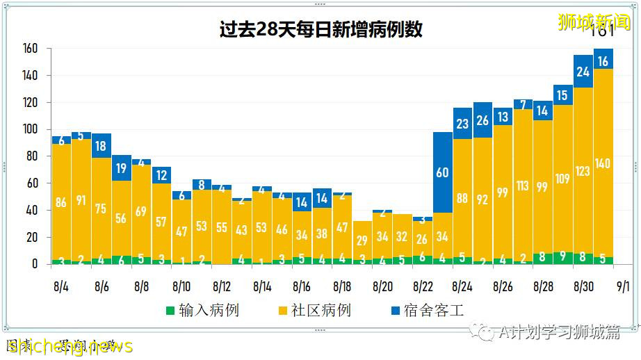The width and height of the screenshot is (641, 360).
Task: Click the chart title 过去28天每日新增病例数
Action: point(320,30)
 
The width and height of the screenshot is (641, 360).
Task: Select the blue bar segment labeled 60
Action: point(442,172)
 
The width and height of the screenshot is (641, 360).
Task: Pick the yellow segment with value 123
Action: point(583,170)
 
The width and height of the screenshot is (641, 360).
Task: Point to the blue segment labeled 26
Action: point(482,120)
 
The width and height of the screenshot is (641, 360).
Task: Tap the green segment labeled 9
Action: point(562,258)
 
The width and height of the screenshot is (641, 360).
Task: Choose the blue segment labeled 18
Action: point(102,146)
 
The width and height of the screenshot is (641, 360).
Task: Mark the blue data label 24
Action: point(583,72)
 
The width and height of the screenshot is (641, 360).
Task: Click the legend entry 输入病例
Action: point(202,309)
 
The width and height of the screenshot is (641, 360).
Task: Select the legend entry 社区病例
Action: point(314,309)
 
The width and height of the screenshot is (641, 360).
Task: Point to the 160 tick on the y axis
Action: point(29,49)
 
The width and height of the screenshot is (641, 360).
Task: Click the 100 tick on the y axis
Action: point(29,129)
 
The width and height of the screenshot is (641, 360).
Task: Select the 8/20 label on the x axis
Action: point(382,286)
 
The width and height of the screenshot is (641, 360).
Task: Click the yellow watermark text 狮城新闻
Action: point(595,22)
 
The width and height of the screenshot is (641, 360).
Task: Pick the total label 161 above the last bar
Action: point(602,32)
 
